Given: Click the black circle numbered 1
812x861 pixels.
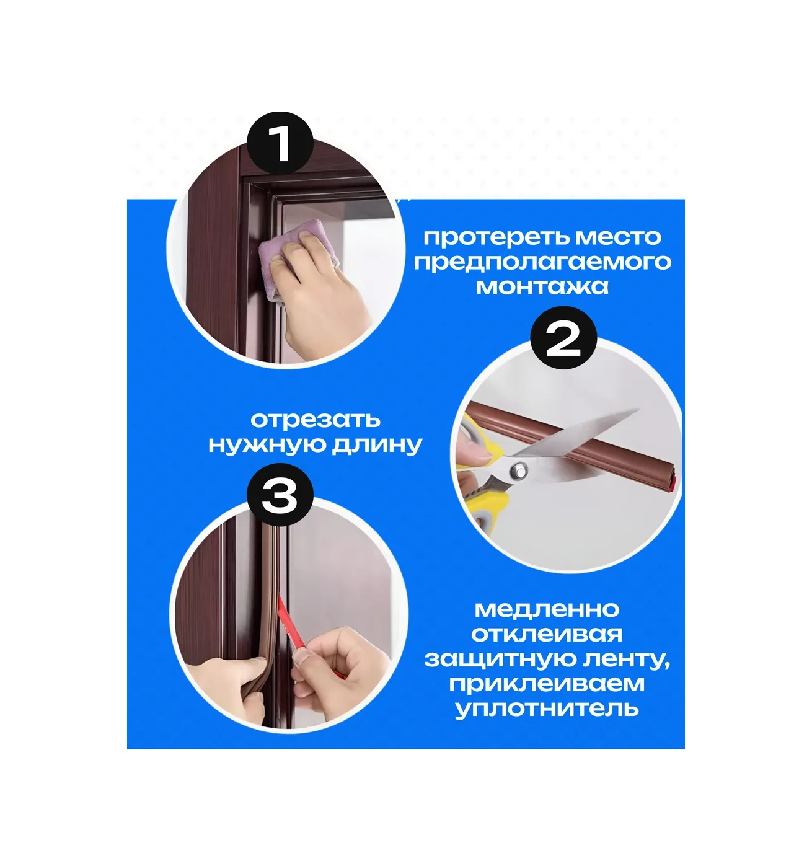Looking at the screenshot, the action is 280,144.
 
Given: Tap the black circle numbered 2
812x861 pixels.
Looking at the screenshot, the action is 563,338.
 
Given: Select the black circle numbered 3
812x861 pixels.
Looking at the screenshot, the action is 280,495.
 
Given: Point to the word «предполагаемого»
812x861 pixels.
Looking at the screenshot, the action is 542,263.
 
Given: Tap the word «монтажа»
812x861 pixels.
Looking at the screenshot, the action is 542,287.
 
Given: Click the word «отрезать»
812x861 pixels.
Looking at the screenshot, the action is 316,420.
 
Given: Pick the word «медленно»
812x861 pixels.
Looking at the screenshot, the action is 547,609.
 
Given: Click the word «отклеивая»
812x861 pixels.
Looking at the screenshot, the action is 547,634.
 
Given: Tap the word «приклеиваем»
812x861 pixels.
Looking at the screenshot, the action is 547,684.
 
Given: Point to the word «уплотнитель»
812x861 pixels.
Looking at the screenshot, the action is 547,709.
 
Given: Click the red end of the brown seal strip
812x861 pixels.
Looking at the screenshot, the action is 674,484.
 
